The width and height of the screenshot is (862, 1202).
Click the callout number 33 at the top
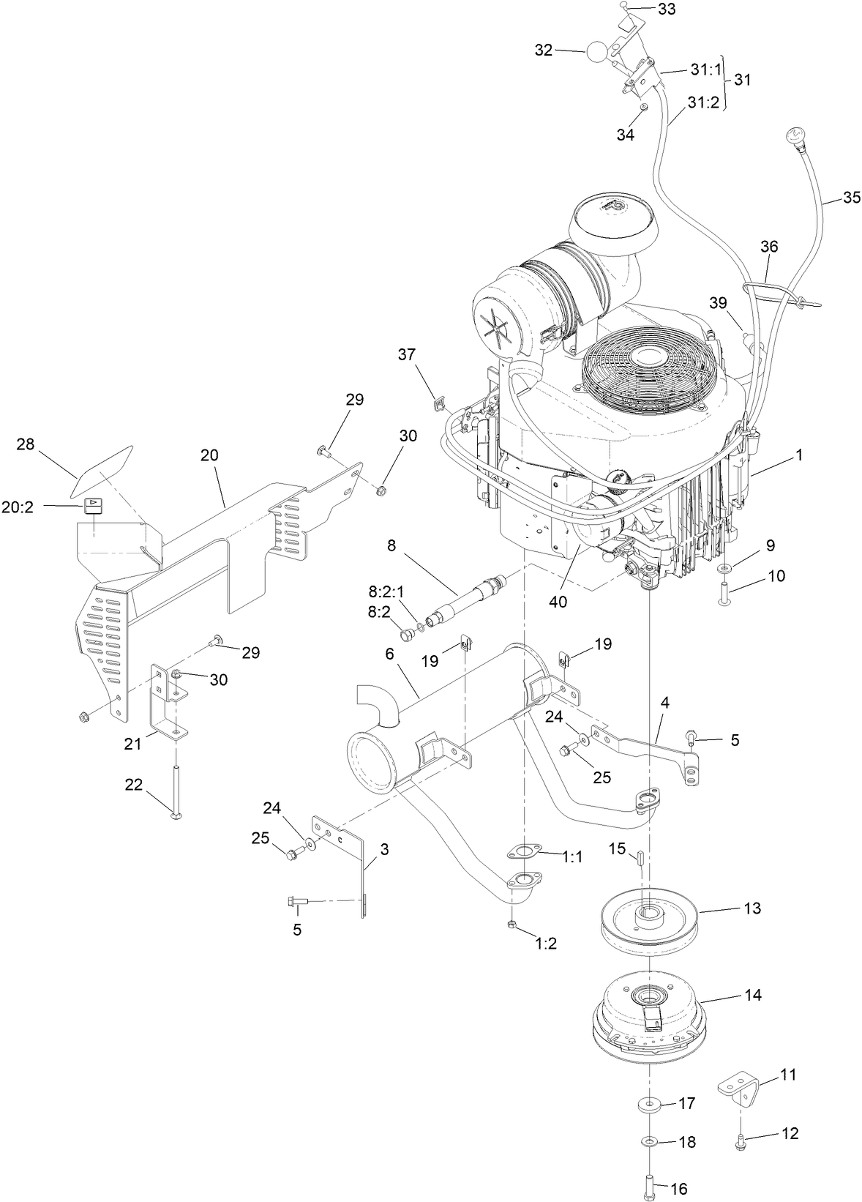pos(667,10)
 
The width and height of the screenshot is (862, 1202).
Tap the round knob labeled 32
pos(597,51)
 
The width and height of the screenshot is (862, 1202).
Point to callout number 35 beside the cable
pos(852,197)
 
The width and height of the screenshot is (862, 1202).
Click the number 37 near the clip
pos(406,355)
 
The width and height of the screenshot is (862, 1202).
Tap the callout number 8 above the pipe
pos(391,545)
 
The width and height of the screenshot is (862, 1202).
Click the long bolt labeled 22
pos(176,787)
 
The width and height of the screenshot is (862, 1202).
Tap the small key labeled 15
pos(639,857)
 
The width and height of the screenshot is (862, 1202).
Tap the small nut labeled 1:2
pos(511,925)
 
